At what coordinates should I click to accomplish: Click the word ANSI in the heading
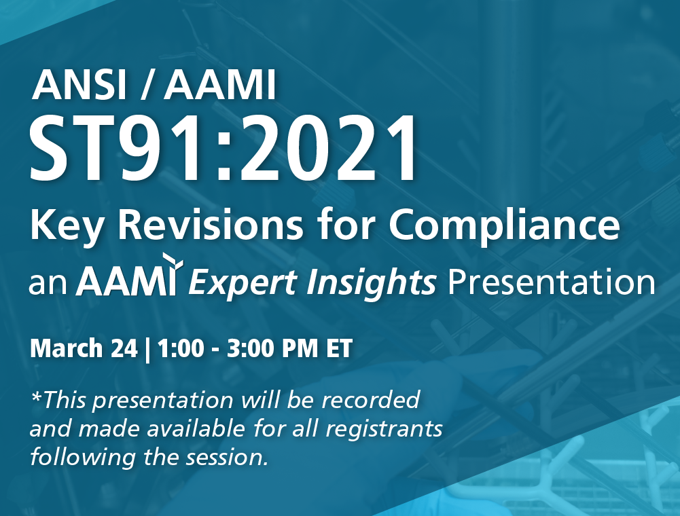79,85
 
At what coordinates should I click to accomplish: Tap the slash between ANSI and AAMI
148,86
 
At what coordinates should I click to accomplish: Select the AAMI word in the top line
220,85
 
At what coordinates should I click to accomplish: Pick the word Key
66,226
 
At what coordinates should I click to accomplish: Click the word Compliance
504,226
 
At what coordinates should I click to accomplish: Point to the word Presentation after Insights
551,282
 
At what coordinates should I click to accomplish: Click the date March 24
84,348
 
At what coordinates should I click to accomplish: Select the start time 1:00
181,348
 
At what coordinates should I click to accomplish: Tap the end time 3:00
251,348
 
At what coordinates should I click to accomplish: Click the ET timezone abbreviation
339,348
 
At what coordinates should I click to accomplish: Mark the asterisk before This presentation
35,395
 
